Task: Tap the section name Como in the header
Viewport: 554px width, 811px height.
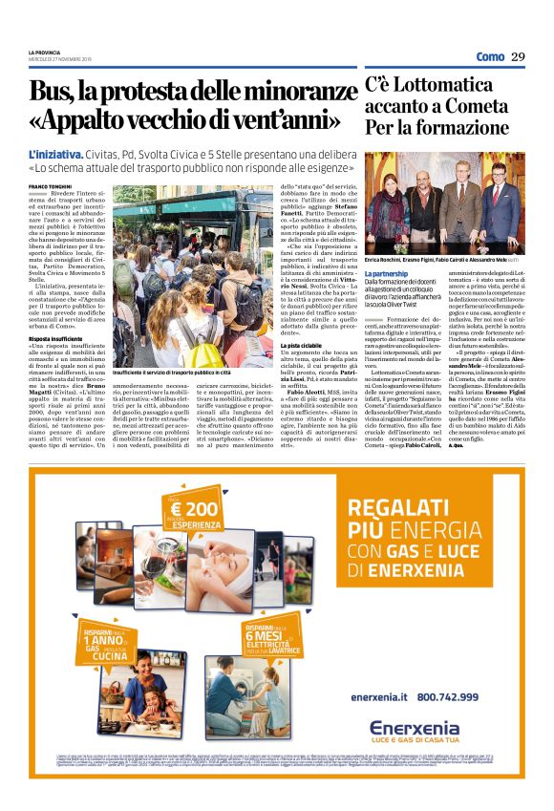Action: (489, 56)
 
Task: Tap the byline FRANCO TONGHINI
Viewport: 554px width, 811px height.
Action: (50, 187)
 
